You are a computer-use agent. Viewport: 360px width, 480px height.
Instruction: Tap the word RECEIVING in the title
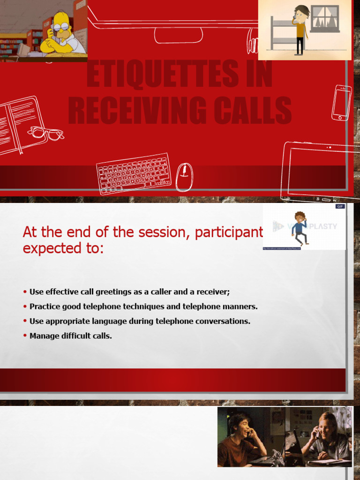128,111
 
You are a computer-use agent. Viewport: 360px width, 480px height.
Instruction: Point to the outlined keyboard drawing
134,173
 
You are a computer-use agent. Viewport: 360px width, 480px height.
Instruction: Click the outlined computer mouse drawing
184,177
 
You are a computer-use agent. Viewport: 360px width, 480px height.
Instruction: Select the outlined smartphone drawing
341,103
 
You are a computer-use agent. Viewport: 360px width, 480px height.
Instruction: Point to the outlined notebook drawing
19,125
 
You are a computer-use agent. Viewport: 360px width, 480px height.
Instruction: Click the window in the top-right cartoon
324,19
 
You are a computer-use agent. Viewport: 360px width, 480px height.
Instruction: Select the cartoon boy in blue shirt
299,228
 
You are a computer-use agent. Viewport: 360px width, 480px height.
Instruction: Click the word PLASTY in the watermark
322,226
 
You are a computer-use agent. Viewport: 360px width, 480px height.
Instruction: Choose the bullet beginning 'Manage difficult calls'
70,336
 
